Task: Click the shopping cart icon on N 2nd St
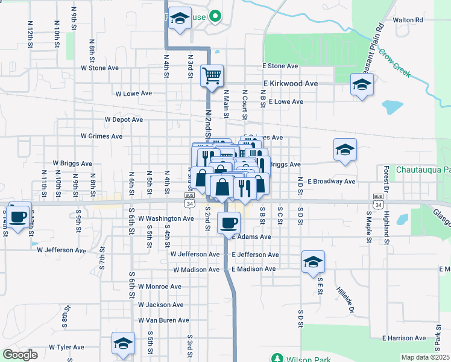212,76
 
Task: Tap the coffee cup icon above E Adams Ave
229,223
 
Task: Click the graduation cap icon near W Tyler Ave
123,345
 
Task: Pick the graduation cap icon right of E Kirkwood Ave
362,85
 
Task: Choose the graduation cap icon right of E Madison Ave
313,262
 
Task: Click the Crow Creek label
394,62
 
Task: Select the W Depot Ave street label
124,119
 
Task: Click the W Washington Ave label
166,218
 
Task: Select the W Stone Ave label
99,68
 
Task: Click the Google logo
20,355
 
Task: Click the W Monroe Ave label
159,287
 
